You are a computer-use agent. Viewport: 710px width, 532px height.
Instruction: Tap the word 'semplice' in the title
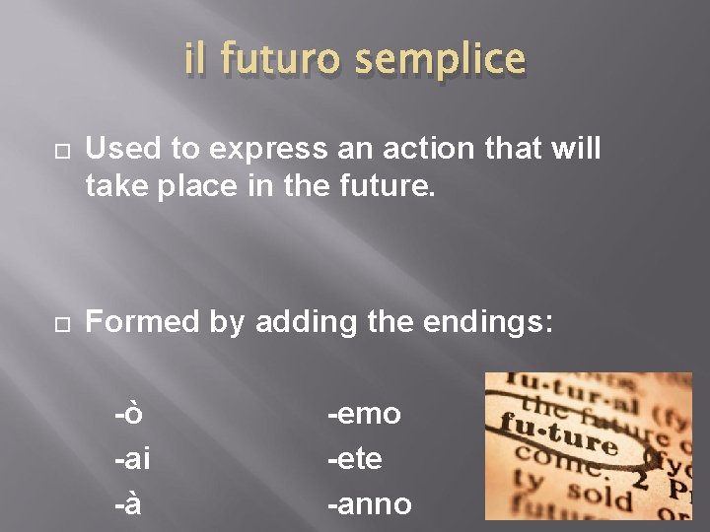tap(440, 61)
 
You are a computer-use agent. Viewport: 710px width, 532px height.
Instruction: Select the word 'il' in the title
tap(196, 61)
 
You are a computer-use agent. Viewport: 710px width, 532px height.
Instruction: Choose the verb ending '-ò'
tap(128, 414)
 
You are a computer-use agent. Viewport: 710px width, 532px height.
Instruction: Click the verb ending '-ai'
tap(132, 459)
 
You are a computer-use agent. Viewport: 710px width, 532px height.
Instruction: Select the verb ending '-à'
tap(128, 503)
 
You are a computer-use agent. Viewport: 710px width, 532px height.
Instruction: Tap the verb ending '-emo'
tap(364, 414)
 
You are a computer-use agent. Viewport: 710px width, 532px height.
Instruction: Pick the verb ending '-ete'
tap(355, 459)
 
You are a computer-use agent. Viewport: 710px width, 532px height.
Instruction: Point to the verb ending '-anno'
tap(369, 503)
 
